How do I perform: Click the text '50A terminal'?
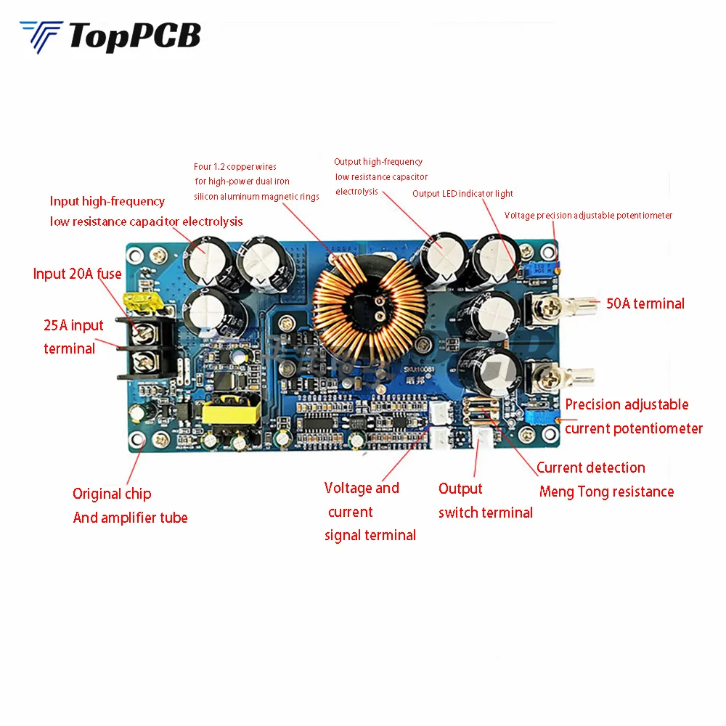645,303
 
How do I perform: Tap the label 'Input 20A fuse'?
77,274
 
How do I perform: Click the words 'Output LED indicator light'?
462,194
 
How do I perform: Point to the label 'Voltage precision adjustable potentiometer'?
588,216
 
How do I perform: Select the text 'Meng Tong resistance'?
606,492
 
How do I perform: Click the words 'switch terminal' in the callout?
485,513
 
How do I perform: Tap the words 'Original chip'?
112,494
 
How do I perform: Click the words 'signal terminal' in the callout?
370,535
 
